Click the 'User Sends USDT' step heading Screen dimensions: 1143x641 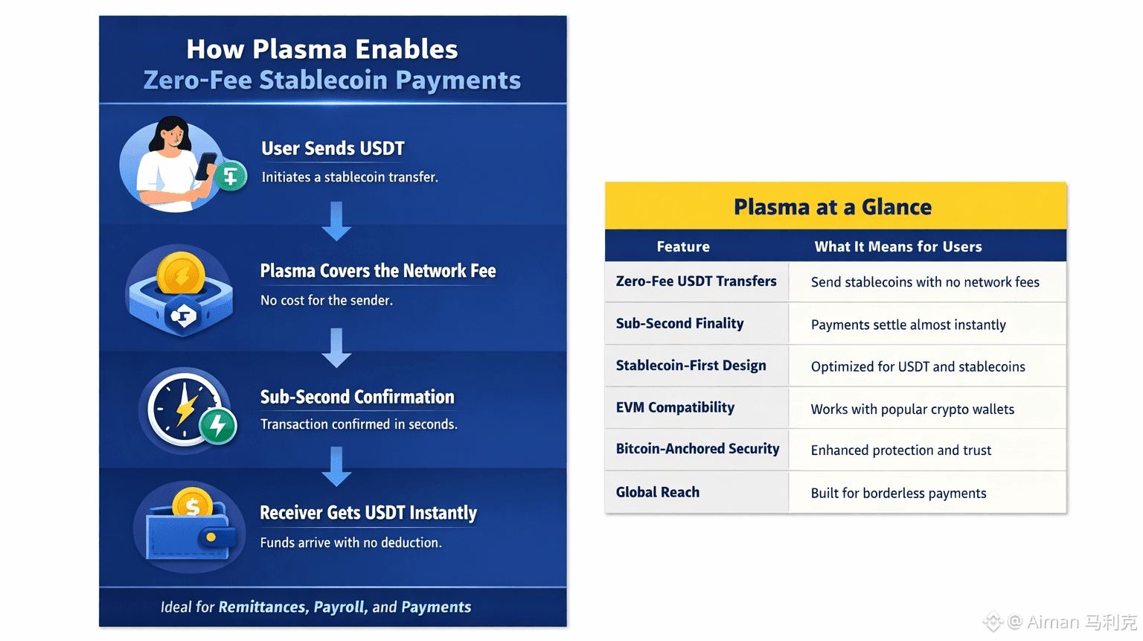pos(333,148)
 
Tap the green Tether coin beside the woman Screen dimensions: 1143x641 pos(231,176)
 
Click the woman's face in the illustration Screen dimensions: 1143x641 pos(173,135)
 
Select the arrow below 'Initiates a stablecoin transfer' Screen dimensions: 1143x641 pos(336,221)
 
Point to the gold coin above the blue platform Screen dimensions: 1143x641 pos(181,275)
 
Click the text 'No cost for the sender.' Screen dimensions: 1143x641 pos(327,300)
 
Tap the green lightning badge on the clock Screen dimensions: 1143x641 pos(218,426)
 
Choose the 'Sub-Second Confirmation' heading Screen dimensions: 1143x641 pos(357,397)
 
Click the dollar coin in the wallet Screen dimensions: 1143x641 pos(193,504)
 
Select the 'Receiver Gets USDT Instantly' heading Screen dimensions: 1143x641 pos(368,512)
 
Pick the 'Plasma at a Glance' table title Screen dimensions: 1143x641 pos(833,207)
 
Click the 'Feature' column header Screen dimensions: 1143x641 pos(683,246)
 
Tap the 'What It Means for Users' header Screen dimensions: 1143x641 pos(898,246)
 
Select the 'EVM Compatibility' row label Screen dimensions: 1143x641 pos(675,407)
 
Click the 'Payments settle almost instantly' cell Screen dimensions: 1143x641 pos(909,325)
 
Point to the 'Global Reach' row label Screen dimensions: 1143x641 pos(658,492)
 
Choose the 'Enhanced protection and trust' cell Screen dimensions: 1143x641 pos(901,450)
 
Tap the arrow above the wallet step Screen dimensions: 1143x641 pos(336,467)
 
